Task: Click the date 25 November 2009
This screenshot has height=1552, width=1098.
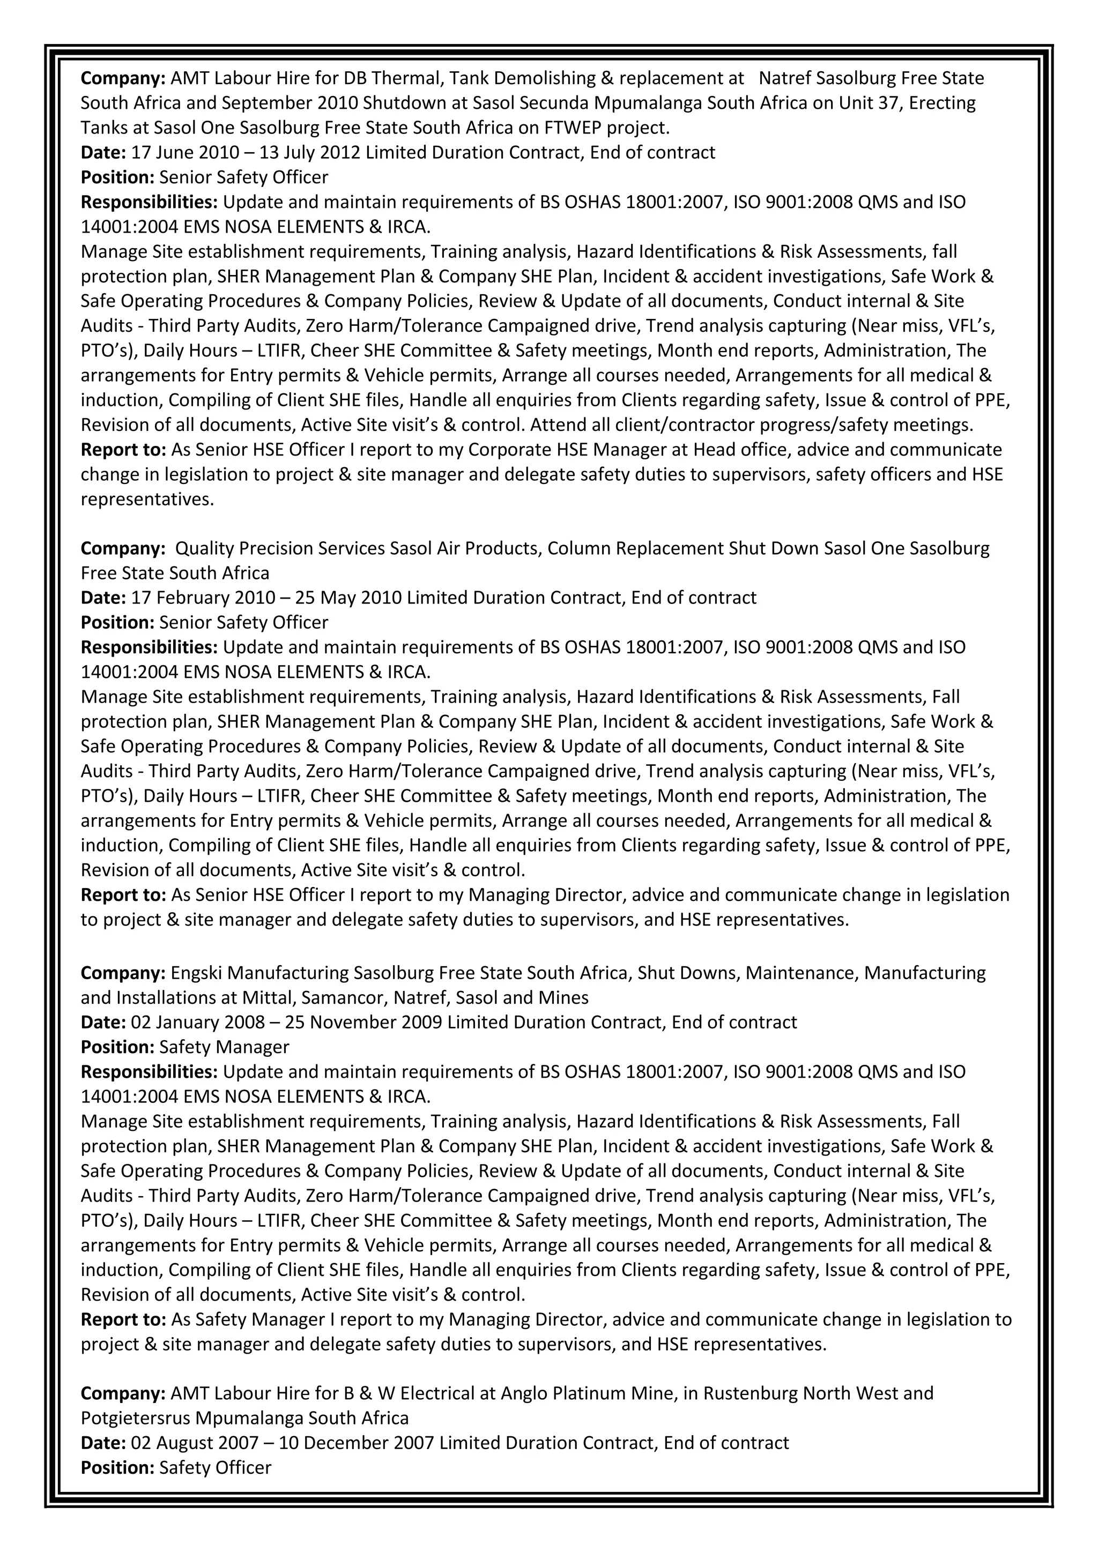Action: [x=363, y=1022]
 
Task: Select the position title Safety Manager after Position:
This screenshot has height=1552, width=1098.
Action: [x=224, y=1047]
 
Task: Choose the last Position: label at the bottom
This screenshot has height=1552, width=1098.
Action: [x=117, y=1467]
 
